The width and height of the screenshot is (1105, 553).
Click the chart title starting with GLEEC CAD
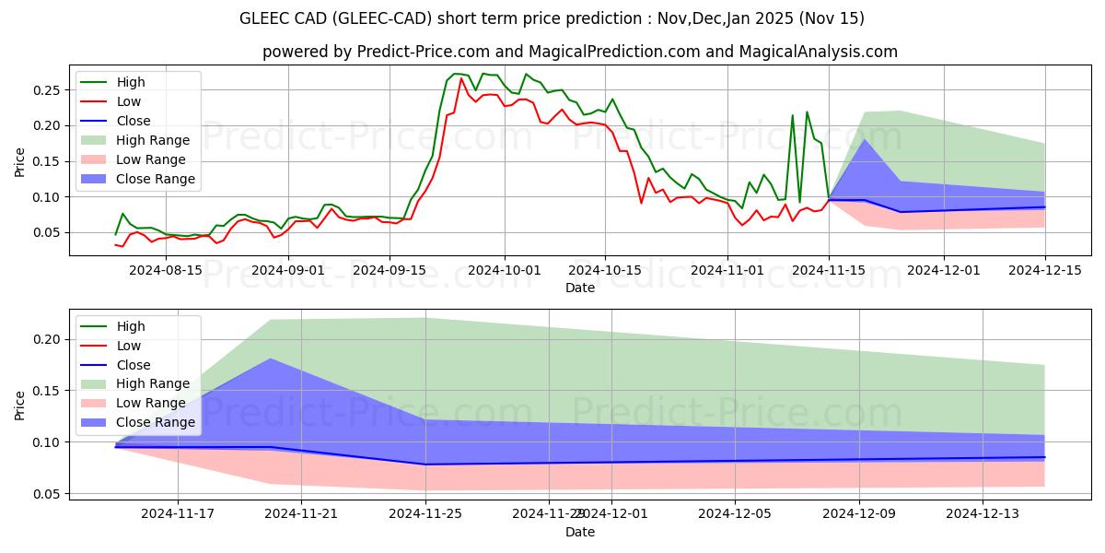coord(552,18)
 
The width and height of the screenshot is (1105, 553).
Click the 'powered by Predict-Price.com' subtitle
coord(580,52)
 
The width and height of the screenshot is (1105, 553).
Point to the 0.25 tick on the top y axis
coord(47,90)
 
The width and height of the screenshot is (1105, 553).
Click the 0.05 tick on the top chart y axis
coord(47,232)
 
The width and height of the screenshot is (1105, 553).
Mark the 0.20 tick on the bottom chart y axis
coord(47,340)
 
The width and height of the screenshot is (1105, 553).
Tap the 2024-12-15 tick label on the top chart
coord(1044,270)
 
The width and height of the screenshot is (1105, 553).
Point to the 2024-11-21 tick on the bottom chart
coord(301,514)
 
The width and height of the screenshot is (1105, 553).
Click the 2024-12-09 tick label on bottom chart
coord(859,514)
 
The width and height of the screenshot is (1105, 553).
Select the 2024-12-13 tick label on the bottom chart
coord(983,514)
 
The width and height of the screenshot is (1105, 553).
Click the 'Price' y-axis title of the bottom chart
coord(20,405)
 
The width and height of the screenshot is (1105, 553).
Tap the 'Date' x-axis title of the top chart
coord(580,288)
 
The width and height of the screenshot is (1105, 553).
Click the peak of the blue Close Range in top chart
coord(864,139)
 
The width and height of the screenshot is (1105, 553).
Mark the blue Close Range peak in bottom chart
coord(270,359)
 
